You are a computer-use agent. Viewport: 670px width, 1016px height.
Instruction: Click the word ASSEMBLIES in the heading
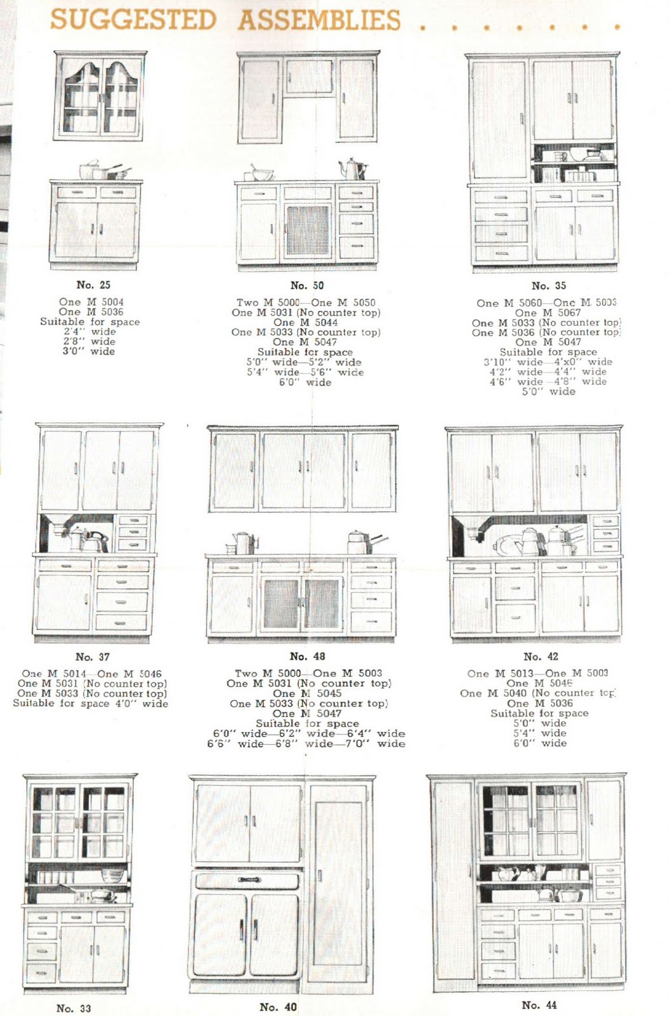point(320,20)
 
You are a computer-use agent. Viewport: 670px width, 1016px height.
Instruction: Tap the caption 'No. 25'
point(93,285)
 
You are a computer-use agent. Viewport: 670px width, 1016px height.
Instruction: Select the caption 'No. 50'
point(307,286)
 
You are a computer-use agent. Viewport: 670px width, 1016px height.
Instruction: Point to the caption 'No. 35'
point(549,286)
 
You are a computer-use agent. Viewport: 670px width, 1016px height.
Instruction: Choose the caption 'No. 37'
point(93,657)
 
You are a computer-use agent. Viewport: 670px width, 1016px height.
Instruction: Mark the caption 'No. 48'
point(307,656)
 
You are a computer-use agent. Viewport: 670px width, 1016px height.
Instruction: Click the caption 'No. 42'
point(541,656)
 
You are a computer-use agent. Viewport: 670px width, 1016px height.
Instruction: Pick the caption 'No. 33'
point(74,1008)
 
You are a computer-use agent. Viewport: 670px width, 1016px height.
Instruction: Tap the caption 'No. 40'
point(278,1007)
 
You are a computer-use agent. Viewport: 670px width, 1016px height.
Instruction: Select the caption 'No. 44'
point(539,1005)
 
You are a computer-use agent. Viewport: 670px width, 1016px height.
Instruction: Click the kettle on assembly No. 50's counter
point(352,169)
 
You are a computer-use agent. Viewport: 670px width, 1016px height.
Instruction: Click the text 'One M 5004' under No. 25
point(91,302)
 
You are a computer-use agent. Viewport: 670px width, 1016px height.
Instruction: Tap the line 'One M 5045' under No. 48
point(307,693)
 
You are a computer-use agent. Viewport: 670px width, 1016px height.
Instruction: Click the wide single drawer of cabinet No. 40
point(247,880)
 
